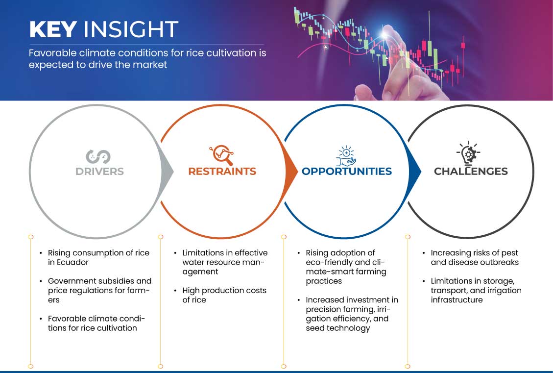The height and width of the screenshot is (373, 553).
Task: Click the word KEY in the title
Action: (x=53, y=29)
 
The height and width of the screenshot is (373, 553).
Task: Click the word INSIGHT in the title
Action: (x=131, y=29)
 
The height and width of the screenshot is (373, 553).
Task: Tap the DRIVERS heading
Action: (x=99, y=172)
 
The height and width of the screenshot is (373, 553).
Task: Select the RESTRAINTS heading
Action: (x=222, y=172)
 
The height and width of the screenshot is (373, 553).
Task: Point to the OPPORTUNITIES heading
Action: (x=347, y=172)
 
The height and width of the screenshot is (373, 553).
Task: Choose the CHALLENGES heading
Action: (x=471, y=172)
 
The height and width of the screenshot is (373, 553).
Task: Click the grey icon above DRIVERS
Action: (x=98, y=157)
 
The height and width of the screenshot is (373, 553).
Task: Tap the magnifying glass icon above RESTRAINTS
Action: (x=222, y=155)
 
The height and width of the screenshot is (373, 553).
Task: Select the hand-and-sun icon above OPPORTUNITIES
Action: (x=346, y=156)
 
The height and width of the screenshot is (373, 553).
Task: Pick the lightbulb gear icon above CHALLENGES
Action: (x=468, y=153)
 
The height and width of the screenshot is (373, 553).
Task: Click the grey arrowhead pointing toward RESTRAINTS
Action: (x=168, y=172)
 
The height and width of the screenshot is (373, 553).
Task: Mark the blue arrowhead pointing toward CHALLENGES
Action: (x=415, y=172)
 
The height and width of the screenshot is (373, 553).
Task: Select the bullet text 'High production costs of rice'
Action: (x=224, y=295)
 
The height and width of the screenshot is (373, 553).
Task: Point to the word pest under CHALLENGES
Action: (x=509, y=253)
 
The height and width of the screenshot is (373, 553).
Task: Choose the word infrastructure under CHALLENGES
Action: (x=457, y=300)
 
